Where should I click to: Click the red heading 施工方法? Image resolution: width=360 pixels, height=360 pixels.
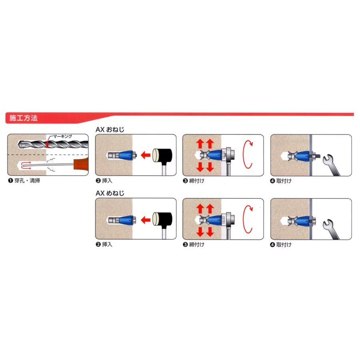[x=24, y=118]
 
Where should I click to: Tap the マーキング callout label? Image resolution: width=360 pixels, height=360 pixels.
[x=62, y=136]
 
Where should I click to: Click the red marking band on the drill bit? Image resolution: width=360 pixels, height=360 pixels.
[x=47, y=144]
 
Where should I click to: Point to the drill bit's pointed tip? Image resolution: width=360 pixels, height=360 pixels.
[x=18, y=144]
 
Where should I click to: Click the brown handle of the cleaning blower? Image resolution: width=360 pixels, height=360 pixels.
[x=81, y=164]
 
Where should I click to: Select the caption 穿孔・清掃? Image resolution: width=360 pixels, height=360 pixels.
[x=27, y=181]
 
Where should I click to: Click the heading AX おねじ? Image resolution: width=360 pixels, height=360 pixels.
[x=110, y=130]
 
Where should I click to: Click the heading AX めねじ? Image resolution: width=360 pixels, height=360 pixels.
[x=110, y=193]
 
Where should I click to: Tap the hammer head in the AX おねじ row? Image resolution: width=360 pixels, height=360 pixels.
[x=162, y=156]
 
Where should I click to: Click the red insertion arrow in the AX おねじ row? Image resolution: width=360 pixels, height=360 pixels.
[x=146, y=155]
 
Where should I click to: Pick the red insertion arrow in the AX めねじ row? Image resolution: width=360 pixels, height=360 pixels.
[x=146, y=220]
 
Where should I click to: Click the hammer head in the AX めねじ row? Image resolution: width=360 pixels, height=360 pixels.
[x=162, y=220]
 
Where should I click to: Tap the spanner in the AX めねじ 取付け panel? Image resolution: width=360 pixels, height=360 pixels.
[x=330, y=230]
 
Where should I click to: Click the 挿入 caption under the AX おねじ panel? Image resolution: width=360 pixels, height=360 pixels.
[x=107, y=181]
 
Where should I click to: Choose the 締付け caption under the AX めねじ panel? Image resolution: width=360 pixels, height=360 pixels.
[x=197, y=244]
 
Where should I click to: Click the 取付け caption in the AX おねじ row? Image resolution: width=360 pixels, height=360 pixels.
[x=284, y=181]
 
